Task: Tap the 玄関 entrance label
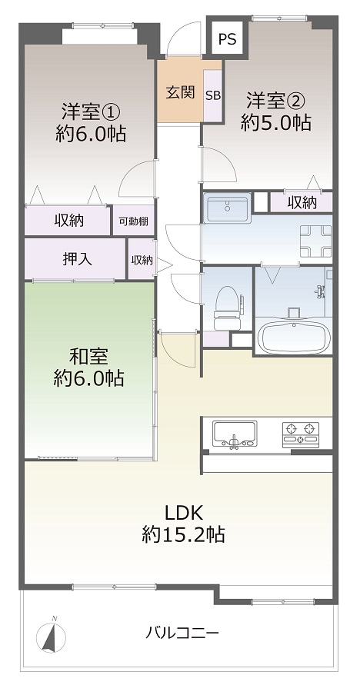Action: click(x=181, y=92)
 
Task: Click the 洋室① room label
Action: click(x=91, y=111)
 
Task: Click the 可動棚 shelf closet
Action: click(x=133, y=221)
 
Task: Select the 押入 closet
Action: click(x=75, y=259)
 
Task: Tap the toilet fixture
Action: click(x=227, y=308)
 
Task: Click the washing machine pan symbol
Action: click(x=315, y=241)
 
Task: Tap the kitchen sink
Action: click(x=235, y=434)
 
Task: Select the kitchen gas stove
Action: click(x=301, y=433)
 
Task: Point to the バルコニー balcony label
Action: click(x=182, y=632)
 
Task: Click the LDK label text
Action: click(x=184, y=512)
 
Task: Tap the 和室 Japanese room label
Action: click(x=89, y=356)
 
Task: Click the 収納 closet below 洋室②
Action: click(x=302, y=202)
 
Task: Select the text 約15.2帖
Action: click(x=183, y=534)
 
